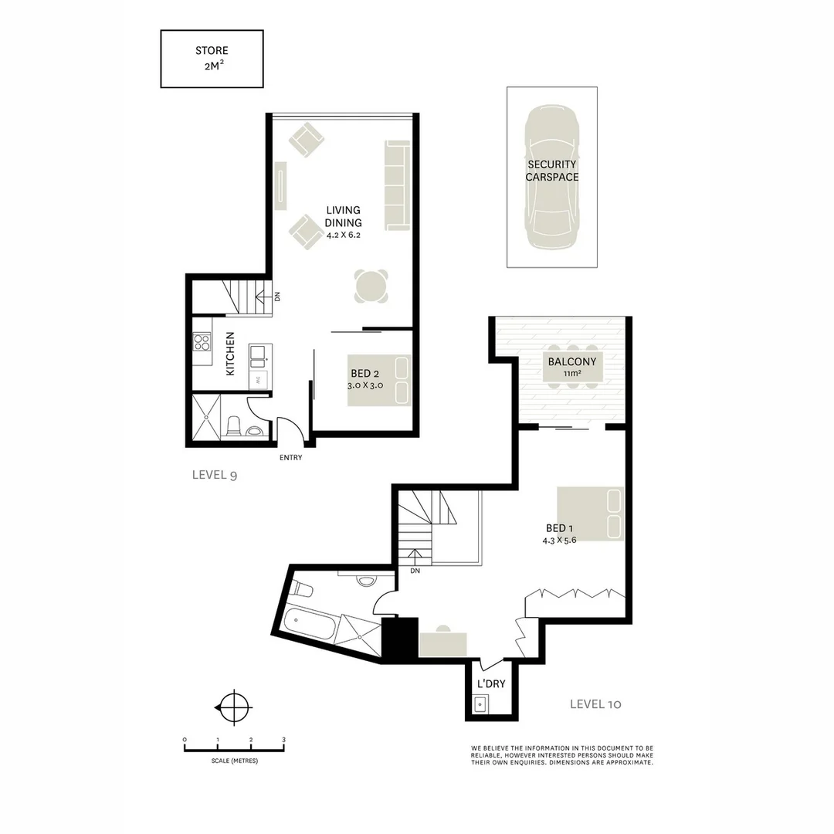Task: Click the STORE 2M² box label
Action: [x=212, y=58]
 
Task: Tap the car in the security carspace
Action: [x=551, y=177]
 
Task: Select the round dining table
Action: [x=371, y=287]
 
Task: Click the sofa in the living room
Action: [x=397, y=185]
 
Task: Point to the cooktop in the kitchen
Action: [x=202, y=342]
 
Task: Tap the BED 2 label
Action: [x=365, y=374]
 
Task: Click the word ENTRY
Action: [x=291, y=458]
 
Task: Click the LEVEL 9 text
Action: [x=214, y=475]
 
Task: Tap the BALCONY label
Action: [x=571, y=361]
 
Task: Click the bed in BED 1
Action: [x=591, y=514]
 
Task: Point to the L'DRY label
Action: [x=490, y=684]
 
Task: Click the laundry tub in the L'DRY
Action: [x=480, y=703]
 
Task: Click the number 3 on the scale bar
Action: [x=284, y=740]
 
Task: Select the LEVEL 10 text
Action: [x=595, y=703]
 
